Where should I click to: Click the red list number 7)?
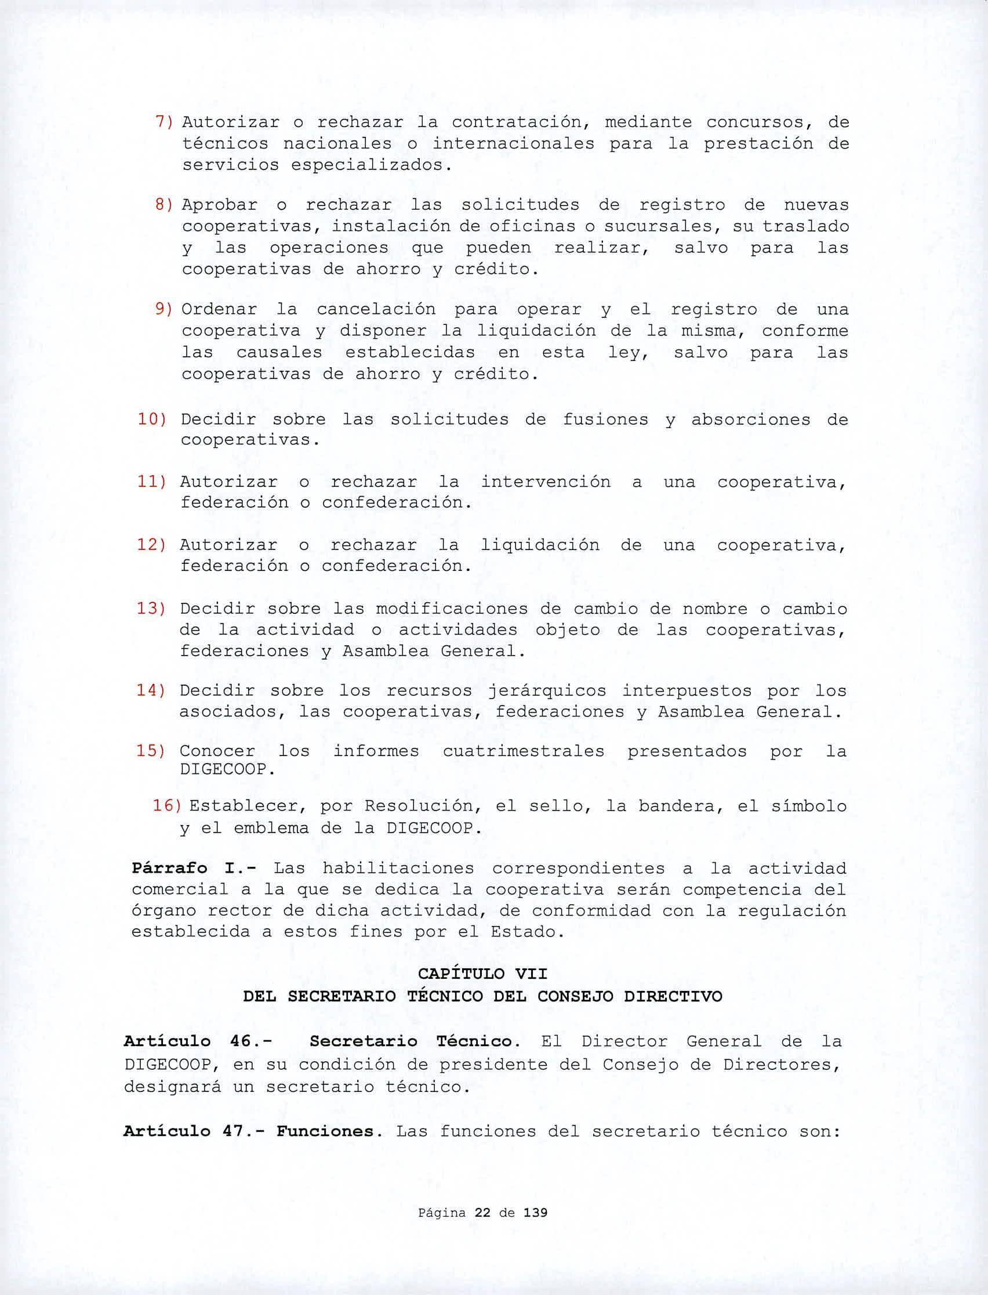[164, 122]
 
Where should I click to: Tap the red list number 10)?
[152, 419]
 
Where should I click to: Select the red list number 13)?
[151, 609]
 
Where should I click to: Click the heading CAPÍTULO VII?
[482, 974]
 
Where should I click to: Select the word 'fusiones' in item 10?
[605, 419]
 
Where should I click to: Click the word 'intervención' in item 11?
[546, 482]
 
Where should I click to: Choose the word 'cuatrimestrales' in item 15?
[524, 751]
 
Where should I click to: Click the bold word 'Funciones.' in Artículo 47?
[326, 1131]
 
